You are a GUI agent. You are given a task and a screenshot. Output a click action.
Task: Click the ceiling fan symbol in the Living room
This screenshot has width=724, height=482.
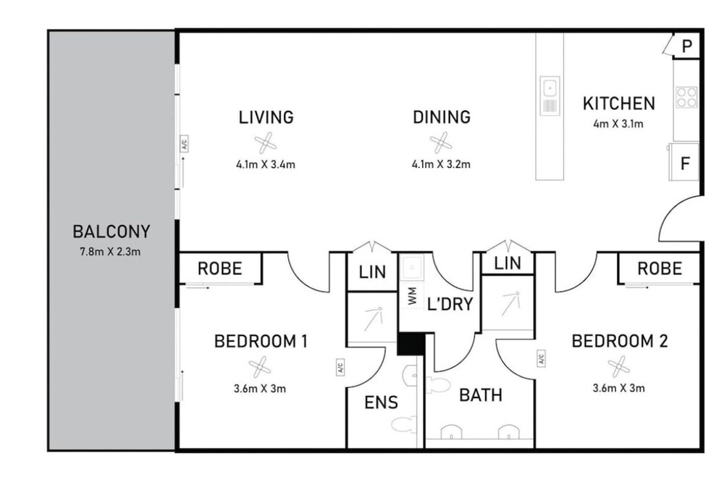click(x=266, y=143)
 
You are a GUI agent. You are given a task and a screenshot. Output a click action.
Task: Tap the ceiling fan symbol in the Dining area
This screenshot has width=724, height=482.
click(x=441, y=143)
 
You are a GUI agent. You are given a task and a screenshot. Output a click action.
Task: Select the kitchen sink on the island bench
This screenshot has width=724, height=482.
click(x=550, y=96)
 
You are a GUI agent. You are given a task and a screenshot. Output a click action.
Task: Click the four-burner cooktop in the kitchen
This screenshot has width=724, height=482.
click(x=686, y=97)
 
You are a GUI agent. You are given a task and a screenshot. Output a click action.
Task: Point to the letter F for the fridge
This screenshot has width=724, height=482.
click(x=685, y=164)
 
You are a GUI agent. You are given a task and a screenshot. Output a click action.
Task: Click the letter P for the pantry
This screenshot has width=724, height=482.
click(x=687, y=46)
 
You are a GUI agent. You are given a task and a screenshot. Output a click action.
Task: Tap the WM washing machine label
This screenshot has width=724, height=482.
click(x=413, y=296)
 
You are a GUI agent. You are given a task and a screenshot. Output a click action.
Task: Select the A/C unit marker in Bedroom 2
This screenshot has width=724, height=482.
click(x=541, y=358)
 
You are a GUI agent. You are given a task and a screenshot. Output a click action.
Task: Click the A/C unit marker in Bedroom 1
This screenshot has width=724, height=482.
click(x=340, y=367)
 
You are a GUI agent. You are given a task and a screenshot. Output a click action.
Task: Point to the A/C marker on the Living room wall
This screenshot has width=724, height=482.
click(x=184, y=144)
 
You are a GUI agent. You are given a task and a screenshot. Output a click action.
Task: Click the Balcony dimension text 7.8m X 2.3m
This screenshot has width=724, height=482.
click(x=110, y=252)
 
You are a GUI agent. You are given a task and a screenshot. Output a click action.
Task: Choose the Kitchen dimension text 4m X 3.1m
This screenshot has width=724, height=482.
click(x=618, y=124)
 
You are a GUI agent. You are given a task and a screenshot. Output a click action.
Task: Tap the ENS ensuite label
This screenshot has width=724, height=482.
click(x=381, y=402)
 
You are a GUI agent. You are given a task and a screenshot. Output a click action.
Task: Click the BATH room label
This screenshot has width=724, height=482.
click(x=481, y=395)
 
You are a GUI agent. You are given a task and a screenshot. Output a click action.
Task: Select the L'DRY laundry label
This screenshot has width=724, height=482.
click(x=450, y=304)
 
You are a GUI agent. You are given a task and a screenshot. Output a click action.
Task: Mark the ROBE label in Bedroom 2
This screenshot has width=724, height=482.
click(x=660, y=269)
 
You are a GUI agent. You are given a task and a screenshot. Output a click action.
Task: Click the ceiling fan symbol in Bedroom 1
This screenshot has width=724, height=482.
click(x=260, y=367)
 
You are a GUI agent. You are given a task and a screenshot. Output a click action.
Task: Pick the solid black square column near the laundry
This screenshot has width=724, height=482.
click(x=411, y=344)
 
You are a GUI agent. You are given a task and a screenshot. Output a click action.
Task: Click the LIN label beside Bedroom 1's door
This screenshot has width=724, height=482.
click(x=372, y=272)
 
